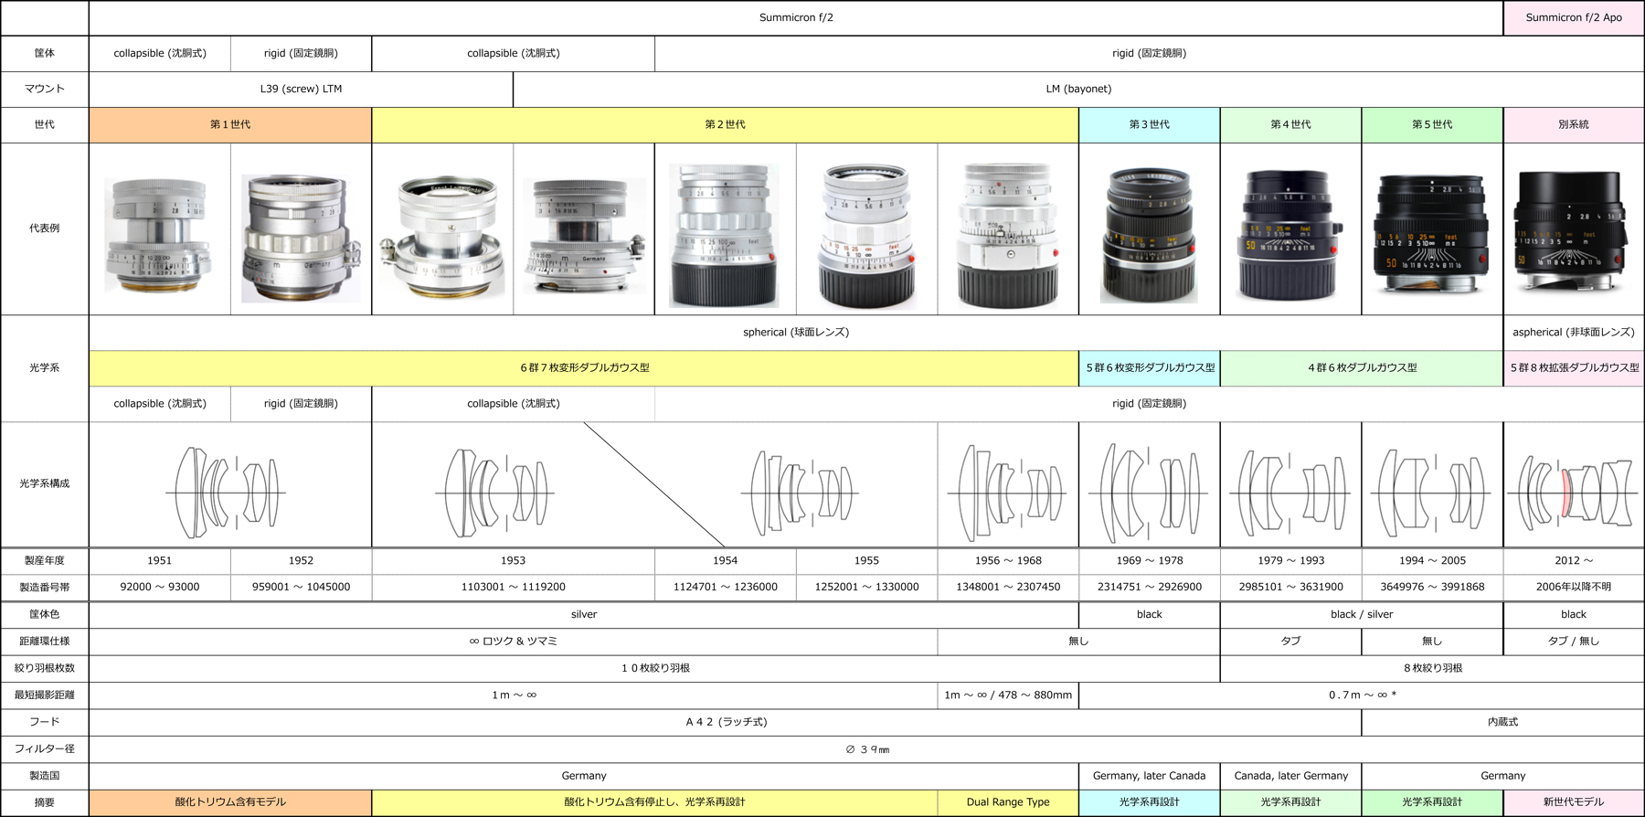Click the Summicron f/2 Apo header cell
(x=1574, y=17)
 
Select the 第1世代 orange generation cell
(x=230, y=124)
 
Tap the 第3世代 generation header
(x=1149, y=124)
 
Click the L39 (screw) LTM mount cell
(x=301, y=89)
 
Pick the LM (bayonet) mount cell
(x=1078, y=89)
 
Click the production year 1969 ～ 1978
(x=1149, y=560)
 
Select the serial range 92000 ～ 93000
(x=160, y=587)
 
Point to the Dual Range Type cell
(x=1008, y=801)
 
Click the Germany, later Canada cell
(x=1149, y=775)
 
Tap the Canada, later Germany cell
(x=1290, y=775)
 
